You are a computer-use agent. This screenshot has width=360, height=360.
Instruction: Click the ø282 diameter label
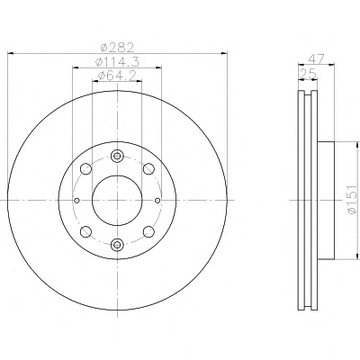coord(117,47)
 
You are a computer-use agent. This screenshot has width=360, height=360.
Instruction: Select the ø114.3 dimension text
coord(117,62)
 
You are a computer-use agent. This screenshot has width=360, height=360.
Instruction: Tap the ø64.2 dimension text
coord(117,76)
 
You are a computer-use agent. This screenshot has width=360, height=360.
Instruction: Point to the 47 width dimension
coord(316,58)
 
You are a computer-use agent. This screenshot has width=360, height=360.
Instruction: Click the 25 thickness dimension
coord(308,74)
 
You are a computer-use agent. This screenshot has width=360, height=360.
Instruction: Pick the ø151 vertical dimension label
coord(352,199)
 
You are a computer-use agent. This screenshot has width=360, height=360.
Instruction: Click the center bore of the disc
coord(117,200)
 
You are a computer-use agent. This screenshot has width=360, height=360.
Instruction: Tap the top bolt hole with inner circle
coord(117,156)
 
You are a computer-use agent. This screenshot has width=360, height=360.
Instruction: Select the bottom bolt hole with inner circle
coord(117,245)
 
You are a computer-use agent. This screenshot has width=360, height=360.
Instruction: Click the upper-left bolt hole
coord(86,169)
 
